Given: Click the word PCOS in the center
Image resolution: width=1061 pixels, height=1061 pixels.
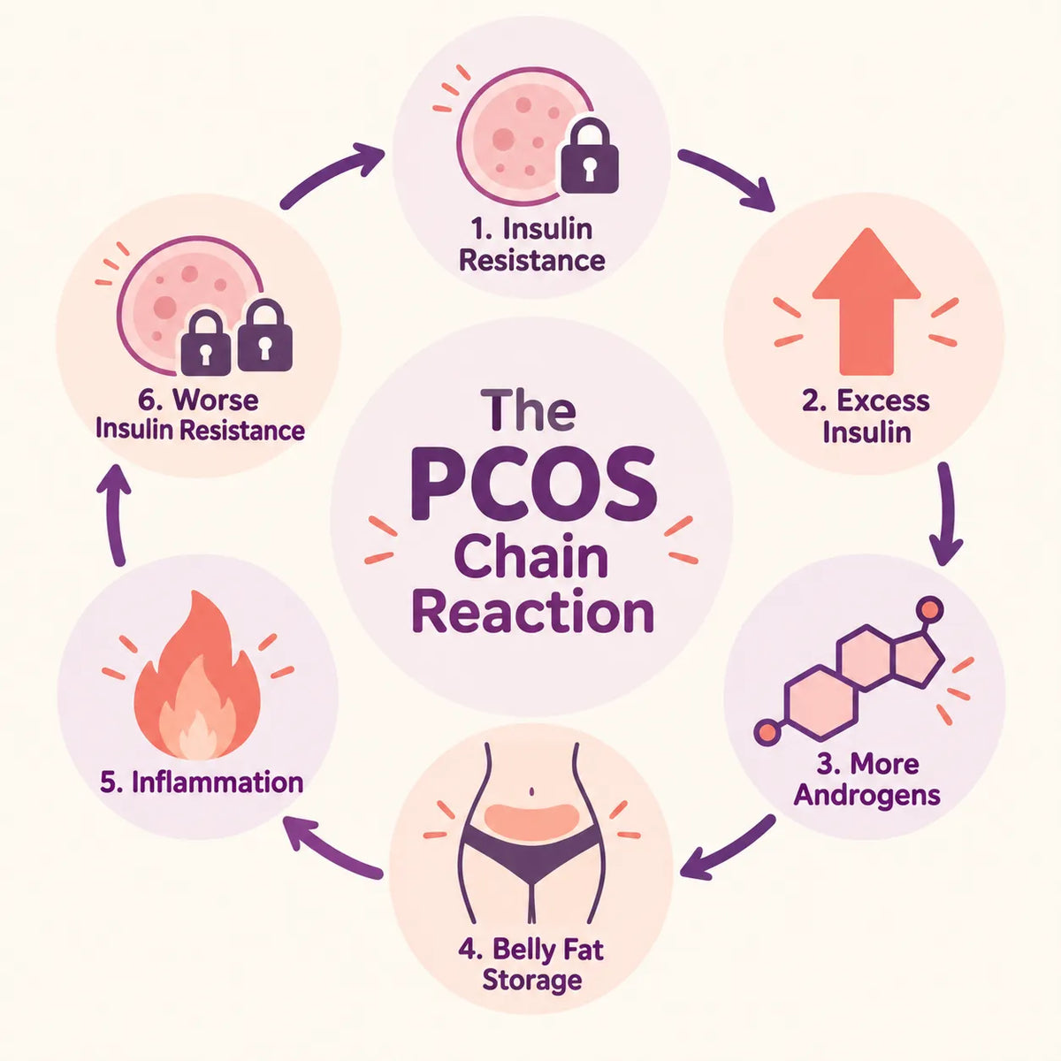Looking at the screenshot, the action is tap(533, 484).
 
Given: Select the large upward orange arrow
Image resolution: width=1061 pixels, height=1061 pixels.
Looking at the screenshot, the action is tap(866, 302).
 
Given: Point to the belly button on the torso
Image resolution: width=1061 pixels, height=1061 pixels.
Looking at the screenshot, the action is tap(530, 791).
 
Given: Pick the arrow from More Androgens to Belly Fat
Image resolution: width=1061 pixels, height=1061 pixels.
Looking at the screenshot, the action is tap(728, 849).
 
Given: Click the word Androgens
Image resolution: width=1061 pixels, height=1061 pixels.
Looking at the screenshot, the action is tap(866, 796).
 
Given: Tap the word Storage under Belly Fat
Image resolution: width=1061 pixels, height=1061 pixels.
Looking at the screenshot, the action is tap(532, 981).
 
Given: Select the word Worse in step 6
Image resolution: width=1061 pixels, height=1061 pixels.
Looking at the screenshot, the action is tap(215, 401).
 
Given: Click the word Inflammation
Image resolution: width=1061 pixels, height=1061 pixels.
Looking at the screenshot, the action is tap(218, 783).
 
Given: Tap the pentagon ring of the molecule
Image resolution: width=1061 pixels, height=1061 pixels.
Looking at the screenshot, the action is tap(918, 659).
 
